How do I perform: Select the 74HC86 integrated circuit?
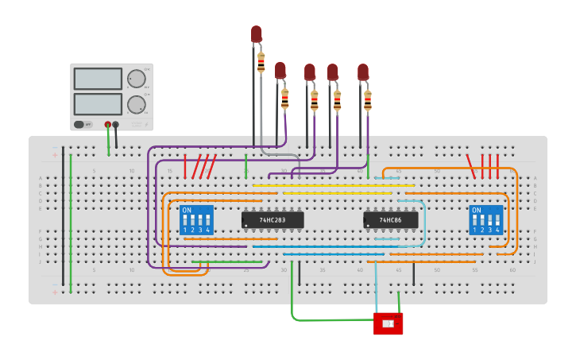tap(390, 219)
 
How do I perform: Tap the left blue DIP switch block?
tap(196, 220)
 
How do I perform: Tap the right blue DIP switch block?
tap(485, 220)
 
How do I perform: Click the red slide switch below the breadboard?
tap(388, 323)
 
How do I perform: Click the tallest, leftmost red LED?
tap(256, 33)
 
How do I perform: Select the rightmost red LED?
tap(362, 72)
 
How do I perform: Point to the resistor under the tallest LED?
tap(261, 62)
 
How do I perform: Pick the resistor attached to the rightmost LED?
tap(367, 100)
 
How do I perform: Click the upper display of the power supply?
tap(98, 79)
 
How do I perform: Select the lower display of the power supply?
tap(98, 104)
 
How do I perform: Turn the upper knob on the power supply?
tap(137, 79)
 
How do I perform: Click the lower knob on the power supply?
tap(137, 104)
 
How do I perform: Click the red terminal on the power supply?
tap(107, 124)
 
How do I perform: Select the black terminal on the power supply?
tap(116, 124)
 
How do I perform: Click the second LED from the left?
tap(280, 70)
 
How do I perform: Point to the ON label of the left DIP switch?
tap(187, 211)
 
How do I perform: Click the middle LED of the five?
tap(309, 72)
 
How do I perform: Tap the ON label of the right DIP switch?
tap(476, 211)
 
